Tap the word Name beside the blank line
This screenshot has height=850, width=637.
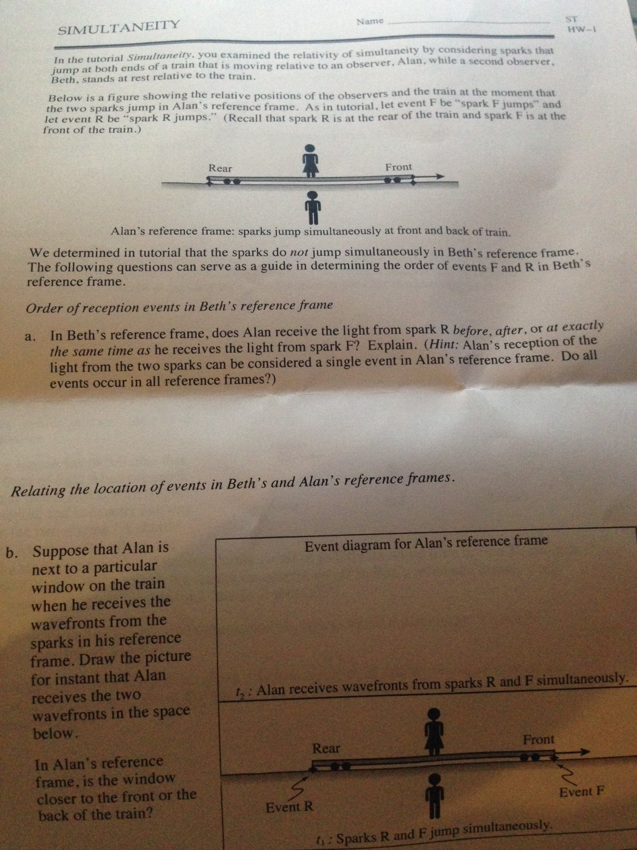[370, 21]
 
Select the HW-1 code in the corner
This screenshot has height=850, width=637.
[581, 29]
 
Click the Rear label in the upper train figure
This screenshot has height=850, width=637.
[221, 168]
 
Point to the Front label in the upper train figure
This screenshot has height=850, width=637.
[398, 167]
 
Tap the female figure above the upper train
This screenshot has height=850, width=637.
[310, 161]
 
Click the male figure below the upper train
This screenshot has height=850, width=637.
[313, 208]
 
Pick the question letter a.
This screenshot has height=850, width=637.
[29, 336]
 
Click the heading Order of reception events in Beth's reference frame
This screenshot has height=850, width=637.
[179, 307]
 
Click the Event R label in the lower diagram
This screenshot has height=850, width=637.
[289, 807]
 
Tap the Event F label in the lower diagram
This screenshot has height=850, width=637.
[581, 792]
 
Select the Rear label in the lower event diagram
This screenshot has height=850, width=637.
[326, 748]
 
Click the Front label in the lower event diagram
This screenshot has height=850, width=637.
[538, 740]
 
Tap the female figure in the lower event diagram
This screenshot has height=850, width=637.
[435, 731]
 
